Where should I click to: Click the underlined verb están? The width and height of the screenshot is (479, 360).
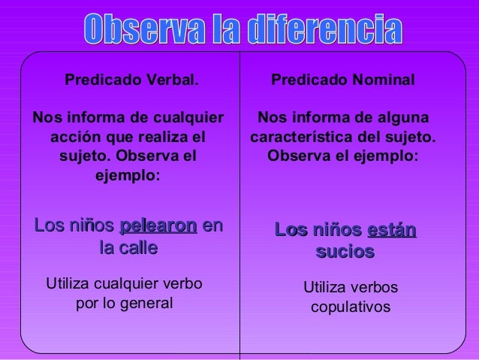click(391, 230)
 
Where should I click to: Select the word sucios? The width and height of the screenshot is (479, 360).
click(345, 252)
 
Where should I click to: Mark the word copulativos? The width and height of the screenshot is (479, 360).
click(351, 307)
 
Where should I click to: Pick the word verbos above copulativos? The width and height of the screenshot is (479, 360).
click(374, 288)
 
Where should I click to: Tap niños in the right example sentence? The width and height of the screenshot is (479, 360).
click(336, 230)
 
